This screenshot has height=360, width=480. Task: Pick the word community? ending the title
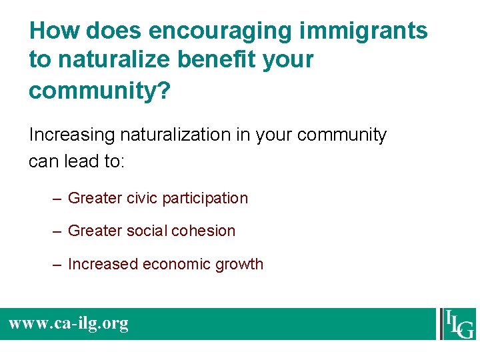[99, 91]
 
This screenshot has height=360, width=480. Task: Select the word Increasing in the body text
[72, 135]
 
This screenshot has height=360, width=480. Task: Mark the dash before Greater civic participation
[59, 199]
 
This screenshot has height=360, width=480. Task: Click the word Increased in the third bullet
[100, 264]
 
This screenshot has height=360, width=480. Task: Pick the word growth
[239, 265]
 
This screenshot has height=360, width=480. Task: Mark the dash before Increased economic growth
[59, 265]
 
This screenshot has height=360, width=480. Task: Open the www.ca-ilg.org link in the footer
[68, 324]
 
